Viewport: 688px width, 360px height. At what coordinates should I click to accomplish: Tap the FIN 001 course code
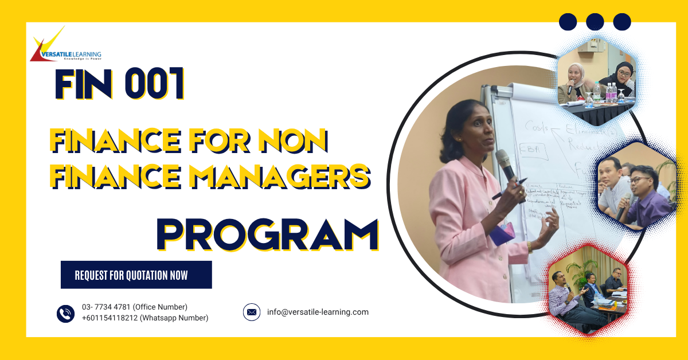120,85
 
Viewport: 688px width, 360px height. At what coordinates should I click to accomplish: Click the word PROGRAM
267,234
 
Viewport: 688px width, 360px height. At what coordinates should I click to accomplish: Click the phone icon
66,313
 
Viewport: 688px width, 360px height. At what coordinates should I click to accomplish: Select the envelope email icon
252,312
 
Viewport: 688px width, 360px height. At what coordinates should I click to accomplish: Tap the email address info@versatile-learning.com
318,312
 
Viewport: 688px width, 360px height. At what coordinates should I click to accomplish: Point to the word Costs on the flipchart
537,127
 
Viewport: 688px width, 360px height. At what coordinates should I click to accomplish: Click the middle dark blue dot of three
595,22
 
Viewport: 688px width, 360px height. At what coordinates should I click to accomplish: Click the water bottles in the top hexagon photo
611,92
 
